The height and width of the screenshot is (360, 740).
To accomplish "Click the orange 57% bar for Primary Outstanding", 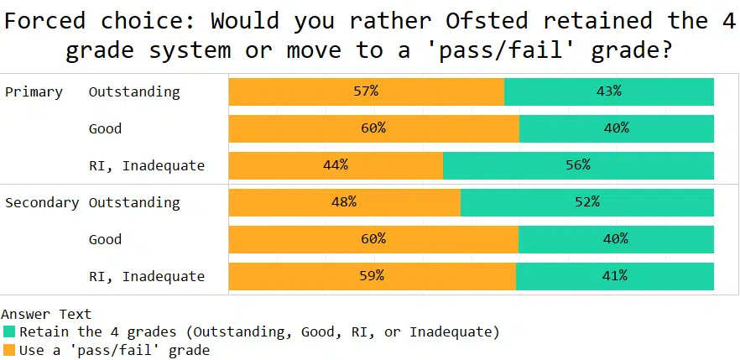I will (366, 91).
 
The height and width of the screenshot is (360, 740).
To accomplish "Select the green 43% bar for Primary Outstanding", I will (609, 91).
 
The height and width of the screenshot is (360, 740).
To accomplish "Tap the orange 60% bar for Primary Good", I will (373, 128).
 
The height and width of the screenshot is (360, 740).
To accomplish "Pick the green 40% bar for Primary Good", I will (617, 128).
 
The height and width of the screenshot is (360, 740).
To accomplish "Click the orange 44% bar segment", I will (336, 165).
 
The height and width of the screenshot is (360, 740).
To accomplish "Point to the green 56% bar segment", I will (578, 165).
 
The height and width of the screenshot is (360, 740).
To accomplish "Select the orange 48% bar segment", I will (344, 202).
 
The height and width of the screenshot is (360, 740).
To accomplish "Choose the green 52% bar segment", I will (587, 202).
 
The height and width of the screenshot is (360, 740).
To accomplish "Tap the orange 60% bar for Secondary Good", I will (373, 239).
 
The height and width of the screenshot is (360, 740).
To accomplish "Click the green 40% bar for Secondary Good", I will (616, 239).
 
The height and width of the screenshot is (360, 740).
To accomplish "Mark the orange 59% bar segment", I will (372, 276).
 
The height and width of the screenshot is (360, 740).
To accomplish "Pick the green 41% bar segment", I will (615, 276).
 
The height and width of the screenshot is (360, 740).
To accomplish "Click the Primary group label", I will (34, 91).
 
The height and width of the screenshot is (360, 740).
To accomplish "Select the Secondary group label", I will (42, 202).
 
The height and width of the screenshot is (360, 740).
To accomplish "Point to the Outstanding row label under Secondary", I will (134, 202).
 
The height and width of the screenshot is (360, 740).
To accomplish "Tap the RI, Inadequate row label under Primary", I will (147, 165).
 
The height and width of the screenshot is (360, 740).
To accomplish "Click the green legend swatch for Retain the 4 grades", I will (9, 331).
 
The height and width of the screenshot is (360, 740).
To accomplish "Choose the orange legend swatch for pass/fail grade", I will (9, 349).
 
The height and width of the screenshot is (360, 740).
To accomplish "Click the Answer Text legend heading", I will (46, 315).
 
